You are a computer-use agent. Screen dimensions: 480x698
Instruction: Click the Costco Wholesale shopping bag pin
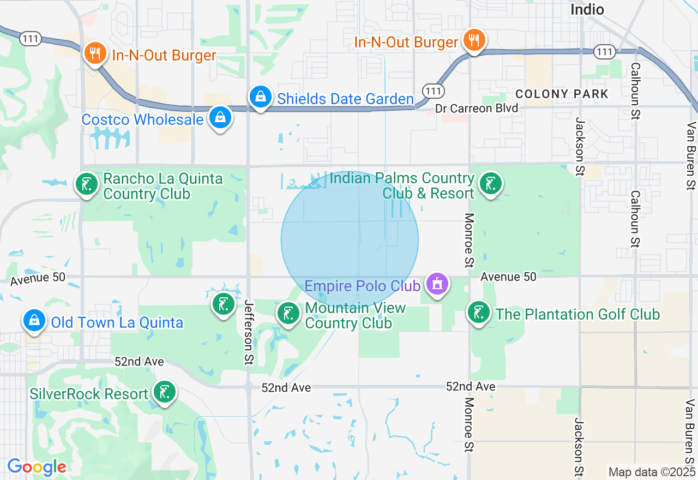(220, 117)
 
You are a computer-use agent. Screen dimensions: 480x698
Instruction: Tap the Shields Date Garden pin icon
(261, 97)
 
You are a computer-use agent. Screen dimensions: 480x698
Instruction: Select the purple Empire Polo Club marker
(437, 284)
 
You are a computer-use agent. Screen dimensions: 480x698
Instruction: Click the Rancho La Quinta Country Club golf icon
(86, 184)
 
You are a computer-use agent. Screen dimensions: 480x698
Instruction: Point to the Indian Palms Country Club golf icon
(490, 183)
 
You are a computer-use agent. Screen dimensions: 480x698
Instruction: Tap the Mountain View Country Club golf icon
(288, 313)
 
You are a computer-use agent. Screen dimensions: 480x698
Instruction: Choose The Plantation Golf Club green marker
(478, 312)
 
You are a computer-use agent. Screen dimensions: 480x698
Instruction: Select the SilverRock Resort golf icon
(164, 392)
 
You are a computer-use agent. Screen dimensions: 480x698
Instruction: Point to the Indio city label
(587, 9)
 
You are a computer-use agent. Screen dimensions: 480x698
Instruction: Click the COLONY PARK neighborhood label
(562, 94)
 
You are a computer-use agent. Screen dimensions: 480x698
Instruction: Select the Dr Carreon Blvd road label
(476, 109)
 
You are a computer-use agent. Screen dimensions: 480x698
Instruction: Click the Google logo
(37, 467)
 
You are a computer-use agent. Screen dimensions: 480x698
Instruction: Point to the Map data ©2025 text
(651, 472)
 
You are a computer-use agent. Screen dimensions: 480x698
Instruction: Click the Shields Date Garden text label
(345, 99)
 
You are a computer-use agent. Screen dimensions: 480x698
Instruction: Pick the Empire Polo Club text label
(362, 286)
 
